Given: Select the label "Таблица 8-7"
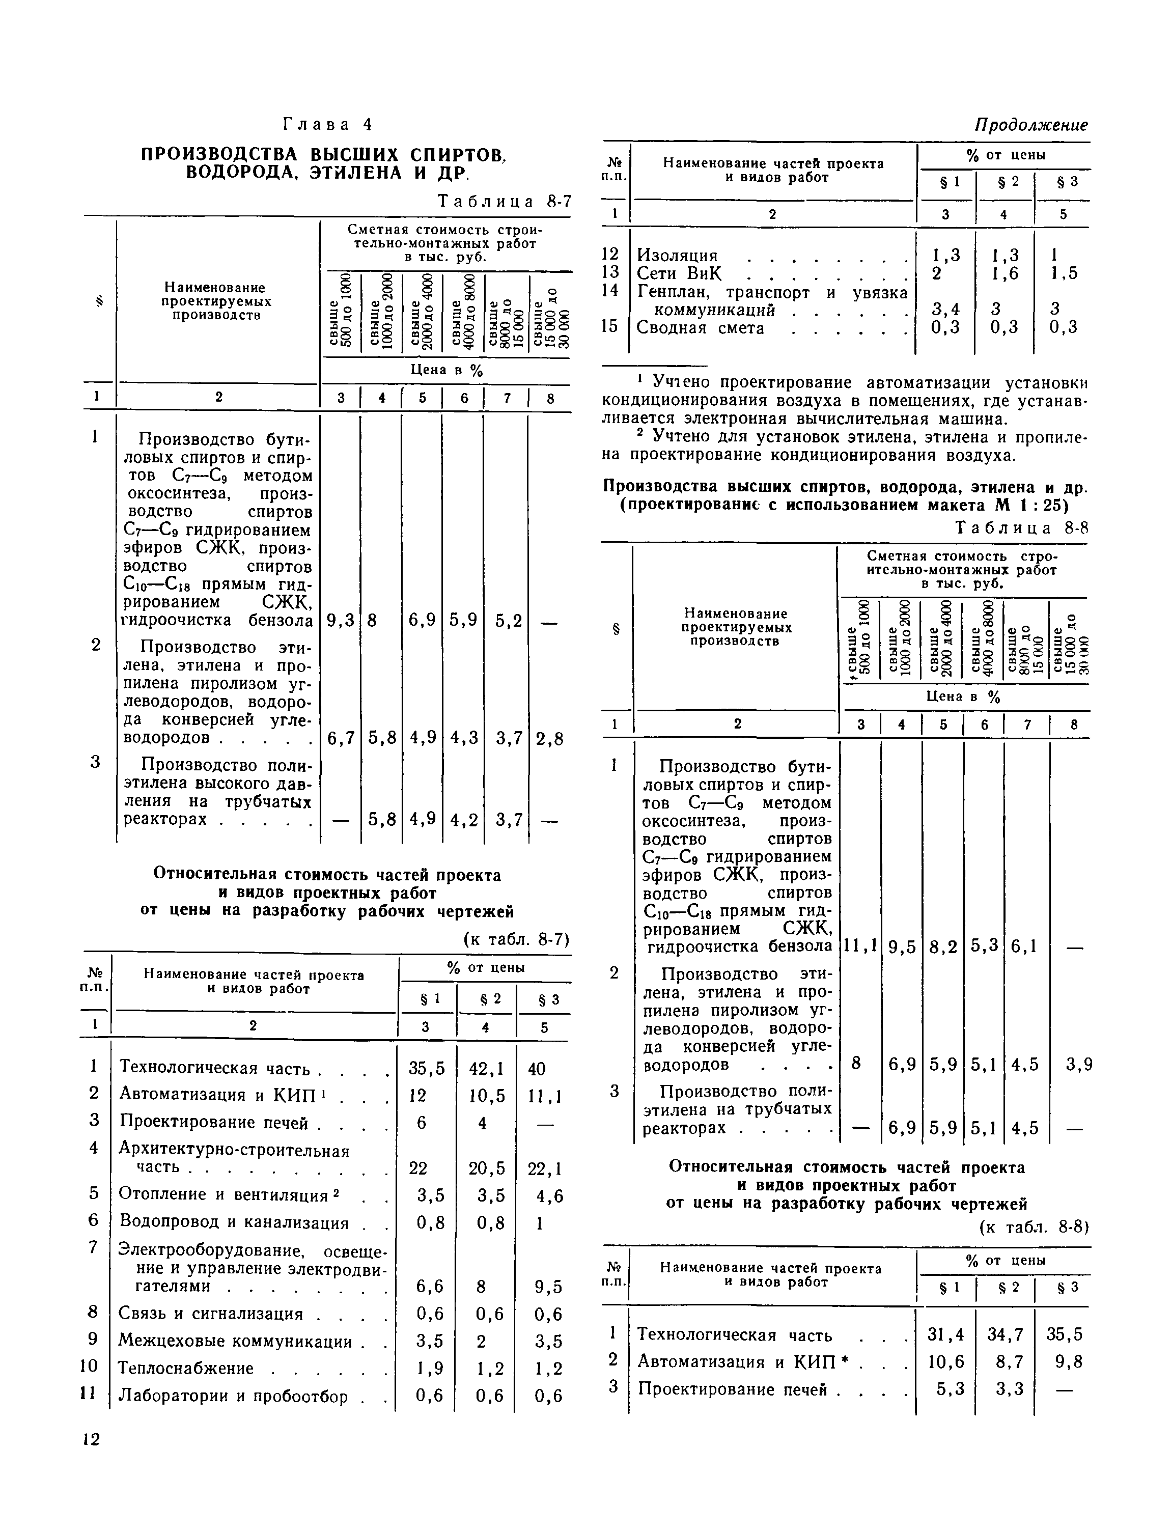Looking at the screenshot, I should [x=504, y=202].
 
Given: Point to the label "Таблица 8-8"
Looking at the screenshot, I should [x=1021, y=528].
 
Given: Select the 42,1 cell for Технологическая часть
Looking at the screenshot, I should [x=487, y=1069].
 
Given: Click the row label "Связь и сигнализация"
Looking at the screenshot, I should [x=211, y=1314].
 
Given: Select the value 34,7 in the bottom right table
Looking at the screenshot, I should [x=1004, y=1334].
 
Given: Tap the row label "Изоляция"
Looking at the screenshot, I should [x=677, y=255].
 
